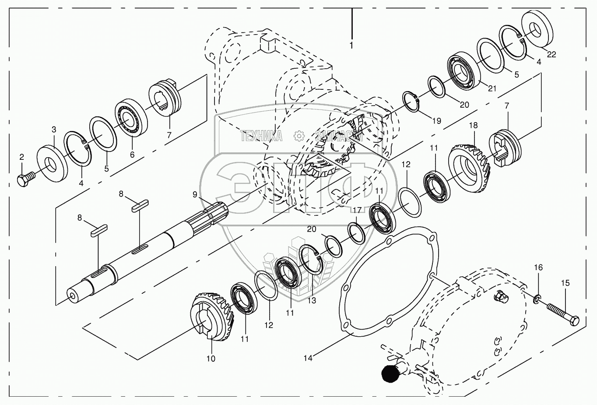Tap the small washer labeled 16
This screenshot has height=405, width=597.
(x=537, y=300)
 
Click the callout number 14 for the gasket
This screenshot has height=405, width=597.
(x=308, y=358)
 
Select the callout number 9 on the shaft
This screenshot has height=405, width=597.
(x=194, y=194)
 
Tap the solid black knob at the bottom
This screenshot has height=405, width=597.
(x=391, y=373)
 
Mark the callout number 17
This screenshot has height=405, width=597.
(x=357, y=210)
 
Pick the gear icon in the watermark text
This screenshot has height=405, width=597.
(x=299, y=136)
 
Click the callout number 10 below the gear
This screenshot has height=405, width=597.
(x=211, y=359)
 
